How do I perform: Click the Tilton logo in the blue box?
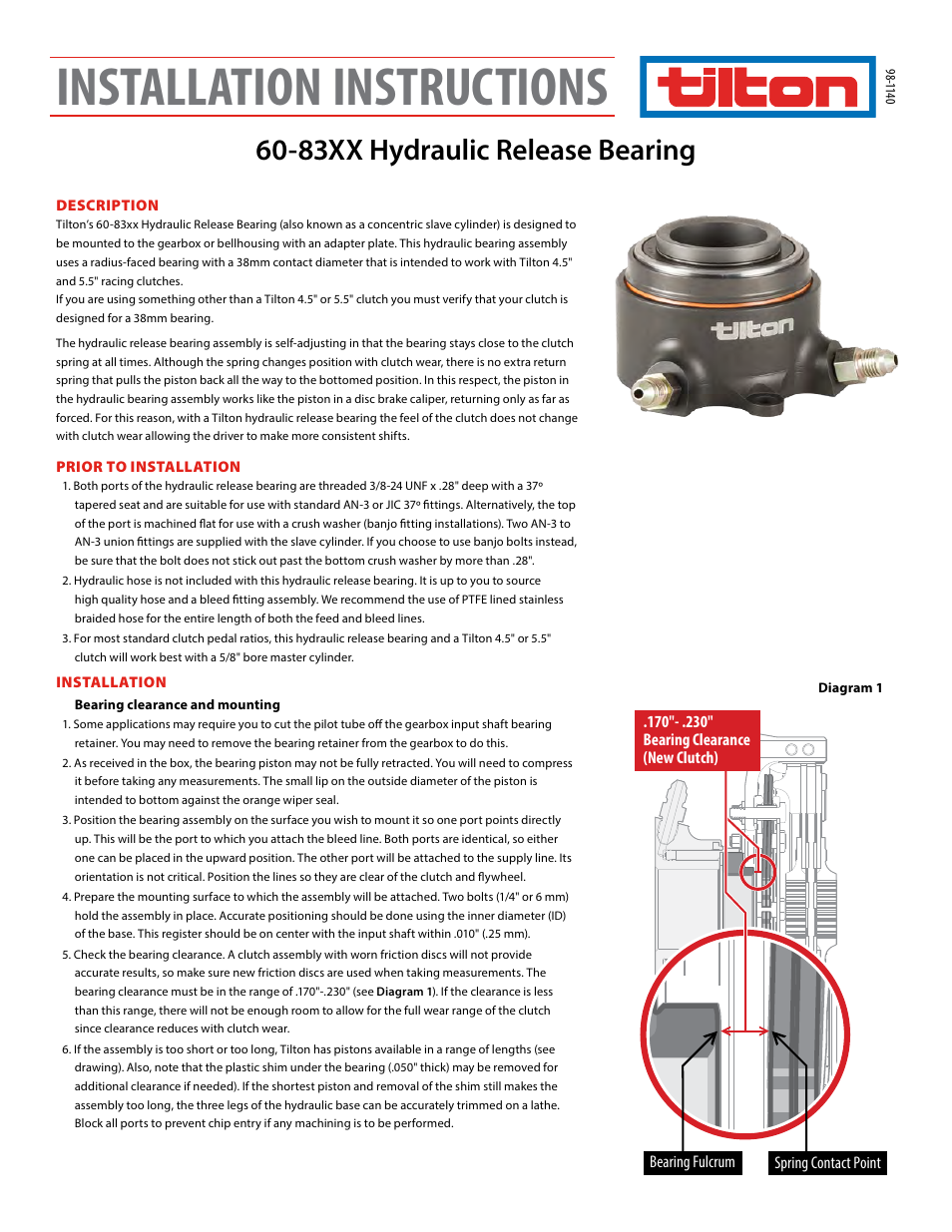(x=757, y=88)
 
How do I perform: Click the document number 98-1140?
(x=889, y=87)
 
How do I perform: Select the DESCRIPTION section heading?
(x=107, y=205)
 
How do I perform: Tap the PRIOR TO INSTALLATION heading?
(x=148, y=467)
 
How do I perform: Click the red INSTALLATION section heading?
(x=111, y=682)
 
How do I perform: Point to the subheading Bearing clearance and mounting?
(x=177, y=704)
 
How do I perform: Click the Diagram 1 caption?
(x=849, y=687)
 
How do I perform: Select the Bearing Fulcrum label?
(x=692, y=1162)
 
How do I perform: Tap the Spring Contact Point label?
(x=827, y=1163)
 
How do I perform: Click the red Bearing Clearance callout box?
(x=697, y=740)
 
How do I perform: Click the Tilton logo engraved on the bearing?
(x=752, y=328)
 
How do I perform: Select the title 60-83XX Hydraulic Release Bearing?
(x=475, y=150)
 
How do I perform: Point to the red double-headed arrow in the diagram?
(x=744, y=1031)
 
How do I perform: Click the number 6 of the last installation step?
(x=66, y=1049)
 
